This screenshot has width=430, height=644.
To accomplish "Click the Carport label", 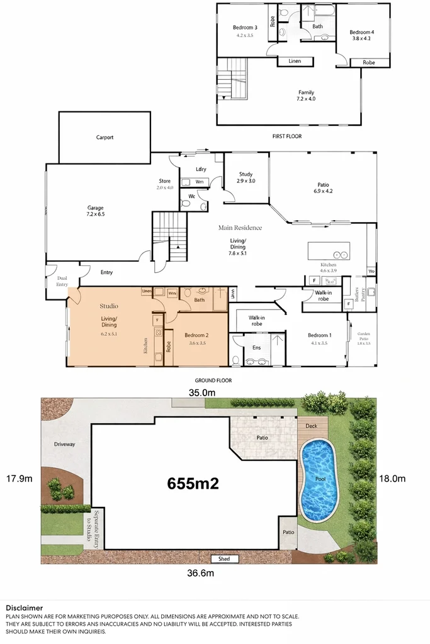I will click(105, 137).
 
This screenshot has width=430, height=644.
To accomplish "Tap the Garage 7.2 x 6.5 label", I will click(95, 211).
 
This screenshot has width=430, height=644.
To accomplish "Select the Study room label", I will click(246, 177).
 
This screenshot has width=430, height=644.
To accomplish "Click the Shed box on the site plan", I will click(224, 558).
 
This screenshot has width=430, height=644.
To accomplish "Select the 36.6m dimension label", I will click(201, 573).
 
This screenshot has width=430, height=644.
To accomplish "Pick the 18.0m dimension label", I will click(392, 479).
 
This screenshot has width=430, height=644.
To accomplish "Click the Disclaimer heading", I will click(24, 608).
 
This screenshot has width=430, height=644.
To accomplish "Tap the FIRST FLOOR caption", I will click(289, 136).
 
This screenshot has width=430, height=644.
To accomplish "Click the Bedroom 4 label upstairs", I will click(362, 35).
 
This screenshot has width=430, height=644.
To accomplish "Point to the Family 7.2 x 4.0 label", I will click(306, 96).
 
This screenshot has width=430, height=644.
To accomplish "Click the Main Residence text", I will click(240, 228).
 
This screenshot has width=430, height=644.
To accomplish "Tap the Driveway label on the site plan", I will click(64, 444).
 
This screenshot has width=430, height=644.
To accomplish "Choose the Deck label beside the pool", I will click(311, 426).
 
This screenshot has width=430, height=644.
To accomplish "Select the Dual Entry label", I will click(62, 280).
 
